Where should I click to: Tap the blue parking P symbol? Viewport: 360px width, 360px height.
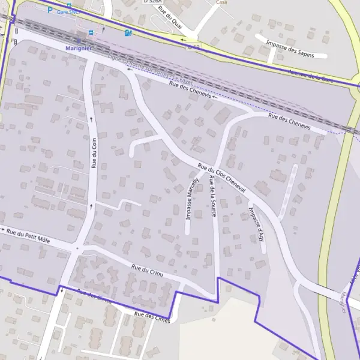[x=50, y=10]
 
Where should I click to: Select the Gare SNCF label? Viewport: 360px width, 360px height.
[x=66, y=11]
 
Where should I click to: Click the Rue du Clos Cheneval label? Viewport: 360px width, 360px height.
[x=222, y=178]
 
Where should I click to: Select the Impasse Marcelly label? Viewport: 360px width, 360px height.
[x=192, y=199]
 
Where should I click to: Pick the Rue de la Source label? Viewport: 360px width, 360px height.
[x=213, y=196]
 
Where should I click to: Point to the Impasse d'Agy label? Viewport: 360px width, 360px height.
[x=256, y=221]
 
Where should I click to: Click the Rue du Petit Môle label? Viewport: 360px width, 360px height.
[x=28, y=234]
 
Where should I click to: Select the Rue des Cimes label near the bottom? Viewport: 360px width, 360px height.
[x=152, y=317]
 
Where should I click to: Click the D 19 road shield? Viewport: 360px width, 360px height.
[x=193, y=46]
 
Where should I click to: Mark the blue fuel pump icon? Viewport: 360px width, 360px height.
[x=127, y=32]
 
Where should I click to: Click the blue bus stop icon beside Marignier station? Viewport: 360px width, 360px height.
[x=91, y=32]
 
